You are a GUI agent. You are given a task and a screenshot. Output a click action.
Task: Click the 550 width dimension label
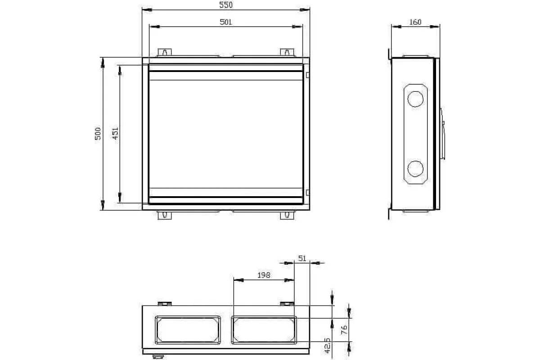click(x=226, y=5)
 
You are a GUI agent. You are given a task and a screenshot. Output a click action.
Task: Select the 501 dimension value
click(x=226, y=22)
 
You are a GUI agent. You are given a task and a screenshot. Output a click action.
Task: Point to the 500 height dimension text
click(x=98, y=134)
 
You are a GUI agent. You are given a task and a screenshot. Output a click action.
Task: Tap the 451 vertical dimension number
click(x=115, y=134)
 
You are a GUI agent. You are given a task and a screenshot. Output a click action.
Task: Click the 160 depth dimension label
click(x=415, y=22)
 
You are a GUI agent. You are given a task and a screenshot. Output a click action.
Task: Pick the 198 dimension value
click(x=264, y=275)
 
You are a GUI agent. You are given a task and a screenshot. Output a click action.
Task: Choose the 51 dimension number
click(x=302, y=258)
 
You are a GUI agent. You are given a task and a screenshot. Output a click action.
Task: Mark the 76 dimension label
click(x=344, y=329)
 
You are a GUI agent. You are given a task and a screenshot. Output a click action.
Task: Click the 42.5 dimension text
click(x=327, y=346)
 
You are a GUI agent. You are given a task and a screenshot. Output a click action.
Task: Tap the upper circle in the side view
click(x=415, y=99)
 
